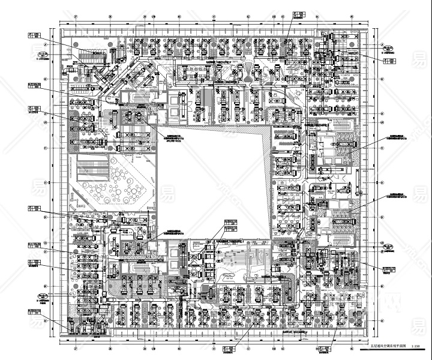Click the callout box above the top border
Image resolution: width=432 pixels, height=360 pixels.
(297, 14)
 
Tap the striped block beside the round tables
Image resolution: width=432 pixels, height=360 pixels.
(89, 165)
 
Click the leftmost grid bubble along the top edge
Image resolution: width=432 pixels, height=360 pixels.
(76, 17)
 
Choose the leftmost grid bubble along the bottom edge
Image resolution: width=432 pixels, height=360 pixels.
(76, 347)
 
